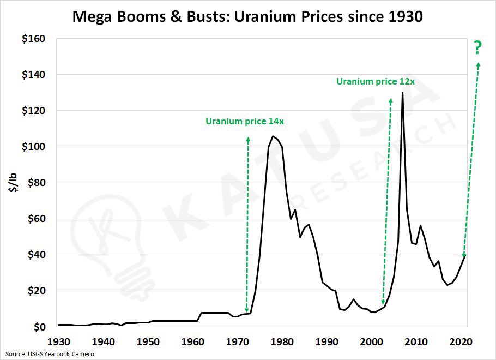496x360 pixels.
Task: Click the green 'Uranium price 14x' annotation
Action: tap(245, 121)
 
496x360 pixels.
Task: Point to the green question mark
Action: tap(478, 49)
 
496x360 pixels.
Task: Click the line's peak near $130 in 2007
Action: tap(402, 93)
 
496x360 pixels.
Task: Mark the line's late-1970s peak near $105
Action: tap(273, 136)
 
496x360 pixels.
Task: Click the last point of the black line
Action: tap(465, 255)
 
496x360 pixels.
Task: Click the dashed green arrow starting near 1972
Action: tap(247, 224)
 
